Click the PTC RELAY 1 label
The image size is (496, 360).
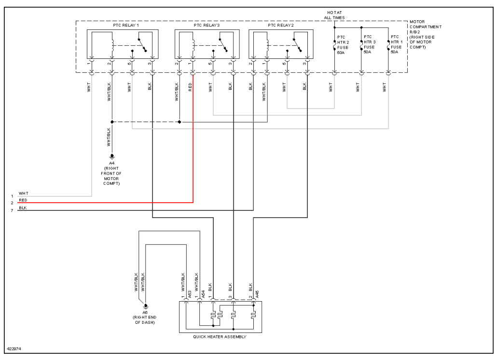(119, 25)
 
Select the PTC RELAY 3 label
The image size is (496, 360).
(207, 25)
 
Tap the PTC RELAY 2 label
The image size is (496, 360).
(281, 25)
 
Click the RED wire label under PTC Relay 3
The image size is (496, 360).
(190, 87)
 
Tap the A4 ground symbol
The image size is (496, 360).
(112, 156)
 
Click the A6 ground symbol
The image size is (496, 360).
(145, 306)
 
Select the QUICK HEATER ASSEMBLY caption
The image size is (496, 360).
(220, 337)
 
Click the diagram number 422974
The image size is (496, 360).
(14, 348)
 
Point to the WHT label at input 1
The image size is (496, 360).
(24, 194)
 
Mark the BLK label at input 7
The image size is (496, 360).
(23, 208)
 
